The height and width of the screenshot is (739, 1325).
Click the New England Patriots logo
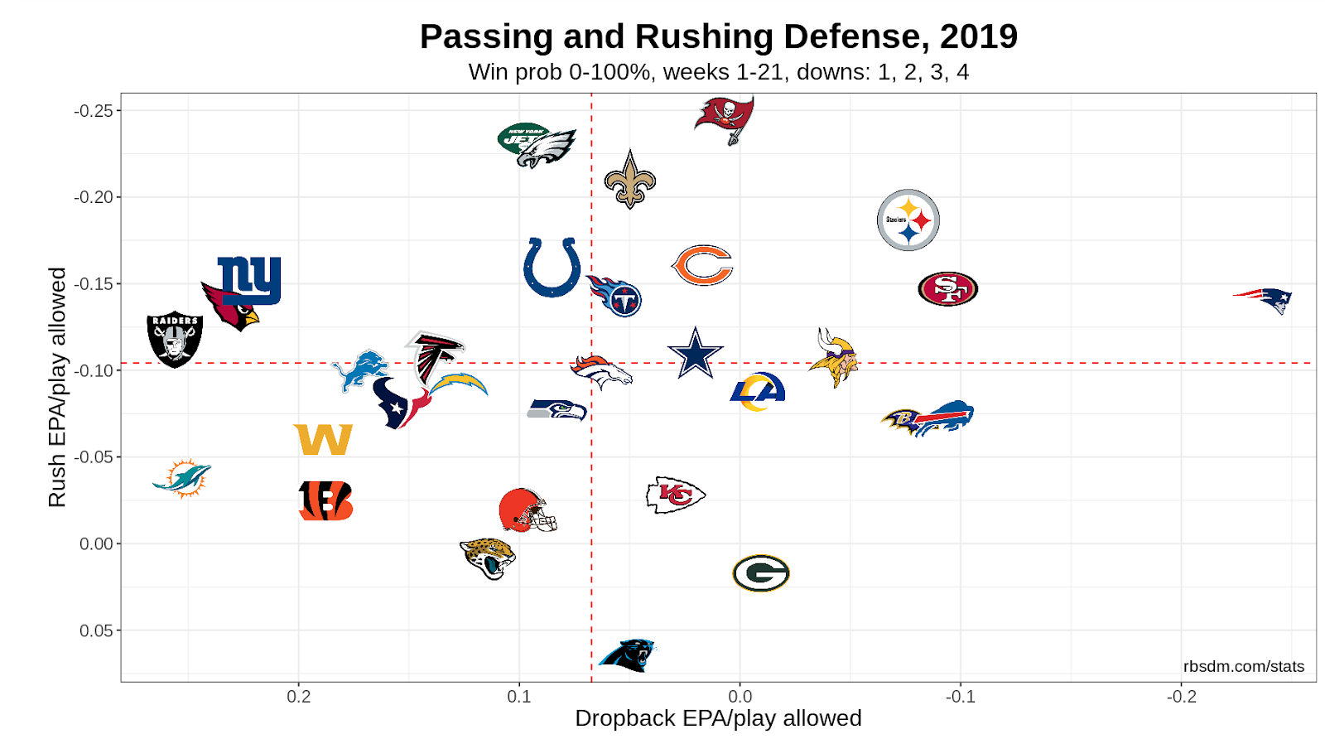point(1265,299)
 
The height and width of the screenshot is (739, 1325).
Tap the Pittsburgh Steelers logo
point(908,220)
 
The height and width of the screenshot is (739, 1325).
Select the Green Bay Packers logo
point(761,573)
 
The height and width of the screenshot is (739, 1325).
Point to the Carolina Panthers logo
point(627,655)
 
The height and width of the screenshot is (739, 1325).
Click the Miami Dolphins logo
point(183,478)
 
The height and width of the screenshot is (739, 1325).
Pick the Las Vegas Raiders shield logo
point(175,340)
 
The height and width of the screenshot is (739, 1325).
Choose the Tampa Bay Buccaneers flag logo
point(725,118)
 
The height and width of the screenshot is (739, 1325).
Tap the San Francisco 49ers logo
point(948,289)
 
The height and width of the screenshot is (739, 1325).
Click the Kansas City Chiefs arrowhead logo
point(675,495)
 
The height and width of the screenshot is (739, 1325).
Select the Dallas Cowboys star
point(696,354)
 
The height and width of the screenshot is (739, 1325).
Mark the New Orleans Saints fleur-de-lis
point(630,180)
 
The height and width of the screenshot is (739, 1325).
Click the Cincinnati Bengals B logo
point(325,500)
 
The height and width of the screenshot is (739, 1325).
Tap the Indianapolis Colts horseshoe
point(552,267)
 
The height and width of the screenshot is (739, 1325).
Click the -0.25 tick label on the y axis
point(94,111)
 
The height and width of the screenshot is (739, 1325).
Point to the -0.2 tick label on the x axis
point(1181,697)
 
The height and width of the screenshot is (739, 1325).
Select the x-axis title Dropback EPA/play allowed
point(718,718)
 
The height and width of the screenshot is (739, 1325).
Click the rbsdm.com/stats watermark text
point(1243,666)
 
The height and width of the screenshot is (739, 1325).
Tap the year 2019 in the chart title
point(979,36)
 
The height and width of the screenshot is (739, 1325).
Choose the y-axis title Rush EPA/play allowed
point(56,387)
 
